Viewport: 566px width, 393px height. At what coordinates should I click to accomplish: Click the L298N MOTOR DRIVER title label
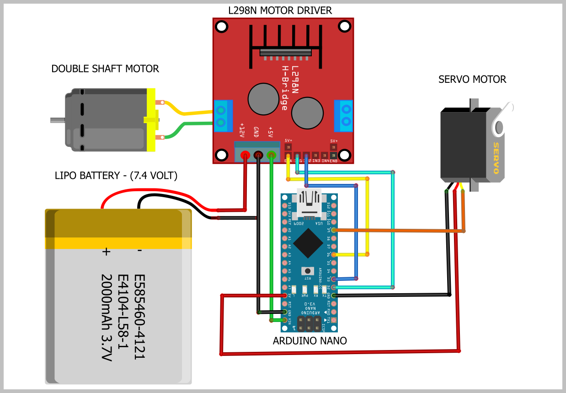click(x=280, y=10)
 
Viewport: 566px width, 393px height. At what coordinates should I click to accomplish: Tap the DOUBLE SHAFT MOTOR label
click(x=105, y=69)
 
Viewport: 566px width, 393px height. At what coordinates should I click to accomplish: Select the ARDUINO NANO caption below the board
click(x=310, y=341)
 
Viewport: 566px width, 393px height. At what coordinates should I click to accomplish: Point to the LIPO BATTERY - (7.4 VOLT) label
click(x=116, y=175)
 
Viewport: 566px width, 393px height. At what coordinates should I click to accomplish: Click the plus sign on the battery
click(x=106, y=251)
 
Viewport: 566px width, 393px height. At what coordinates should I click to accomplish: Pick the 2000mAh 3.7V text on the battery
click(x=106, y=318)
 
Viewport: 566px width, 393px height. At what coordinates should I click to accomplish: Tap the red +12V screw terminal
click(x=245, y=155)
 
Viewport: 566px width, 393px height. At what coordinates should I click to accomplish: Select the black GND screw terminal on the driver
click(x=258, y=155)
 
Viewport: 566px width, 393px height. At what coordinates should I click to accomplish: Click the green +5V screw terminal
click(x=272, y=155)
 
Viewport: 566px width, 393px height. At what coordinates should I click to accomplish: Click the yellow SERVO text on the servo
click(x=495, y=158)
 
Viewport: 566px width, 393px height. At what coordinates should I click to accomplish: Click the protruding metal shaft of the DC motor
click(x=57, y=120)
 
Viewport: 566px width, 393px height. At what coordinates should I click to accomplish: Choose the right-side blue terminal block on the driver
click(x=344, y=116)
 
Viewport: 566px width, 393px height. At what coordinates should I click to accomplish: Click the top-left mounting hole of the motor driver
click(x=221, y=27)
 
